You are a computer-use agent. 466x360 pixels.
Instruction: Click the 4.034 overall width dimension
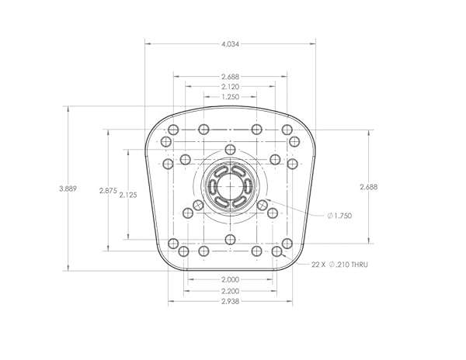pyautogui.click(x=230, y=44)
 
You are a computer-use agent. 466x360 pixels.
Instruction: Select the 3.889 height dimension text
pyautogui.click(x=68, y=189)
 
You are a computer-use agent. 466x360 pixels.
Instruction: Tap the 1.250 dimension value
pyautogui.click(x=231, y=97)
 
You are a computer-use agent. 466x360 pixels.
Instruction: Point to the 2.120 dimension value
pyautogui.click(x=231, y=87)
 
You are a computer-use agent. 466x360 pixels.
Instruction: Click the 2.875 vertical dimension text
pyautogui.click(x=108, y=191)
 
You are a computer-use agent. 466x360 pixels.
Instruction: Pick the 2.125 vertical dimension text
pyautogui.click(x=128, y=195)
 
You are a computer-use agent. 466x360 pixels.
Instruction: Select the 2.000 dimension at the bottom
pyautogui.click(x=231, y=279)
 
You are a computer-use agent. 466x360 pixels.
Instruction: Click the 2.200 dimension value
pyautogui.click(x=231, y=291)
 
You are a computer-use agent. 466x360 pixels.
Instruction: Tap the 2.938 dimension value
pyautogui.click(x=231, y=302)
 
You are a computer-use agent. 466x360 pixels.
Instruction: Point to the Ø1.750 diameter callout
pyautogui.click(x=339, y=216)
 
